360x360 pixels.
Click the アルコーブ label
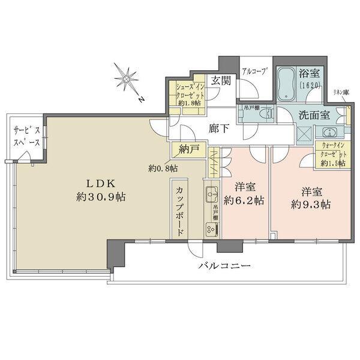pyautogui.click(x=255, y=70)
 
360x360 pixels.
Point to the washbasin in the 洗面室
pyautogui.click(x=327, y=133)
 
